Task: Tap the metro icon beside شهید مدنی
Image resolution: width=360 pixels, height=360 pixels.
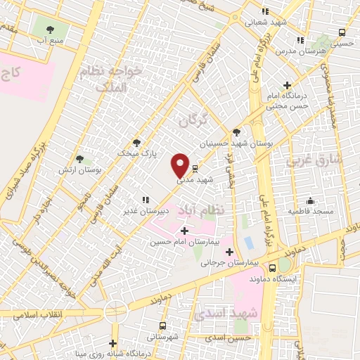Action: [194, 169]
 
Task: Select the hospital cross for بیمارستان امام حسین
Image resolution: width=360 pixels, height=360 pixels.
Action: [185, 231]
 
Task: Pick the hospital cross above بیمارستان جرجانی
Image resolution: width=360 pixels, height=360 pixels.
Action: [229, 251]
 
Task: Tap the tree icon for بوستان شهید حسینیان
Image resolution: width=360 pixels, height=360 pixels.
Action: [236, 132]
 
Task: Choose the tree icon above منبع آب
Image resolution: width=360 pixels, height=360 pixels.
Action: [50, 30]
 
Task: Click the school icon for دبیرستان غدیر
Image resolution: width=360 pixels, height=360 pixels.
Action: [145, 200]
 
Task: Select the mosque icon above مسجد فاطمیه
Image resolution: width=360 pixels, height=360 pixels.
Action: [310, 200]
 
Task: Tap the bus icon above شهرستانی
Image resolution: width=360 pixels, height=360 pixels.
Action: [163, 326]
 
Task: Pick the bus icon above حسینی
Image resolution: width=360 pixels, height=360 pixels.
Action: [342, 32]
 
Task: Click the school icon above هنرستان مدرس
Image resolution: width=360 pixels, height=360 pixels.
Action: [300, 41]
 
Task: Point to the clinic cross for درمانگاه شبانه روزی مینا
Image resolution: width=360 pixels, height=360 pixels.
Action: [112, 343]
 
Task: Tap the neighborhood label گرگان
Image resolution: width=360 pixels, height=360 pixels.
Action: [195, 120]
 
